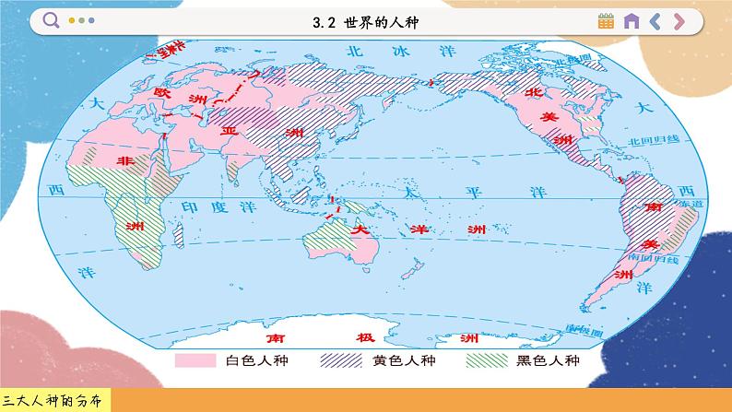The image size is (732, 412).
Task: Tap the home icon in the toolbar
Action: click(x=632, y=21)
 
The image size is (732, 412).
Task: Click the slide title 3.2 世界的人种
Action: click(x=366, y=21)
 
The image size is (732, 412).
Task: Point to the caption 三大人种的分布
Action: click(x=54, y=400)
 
